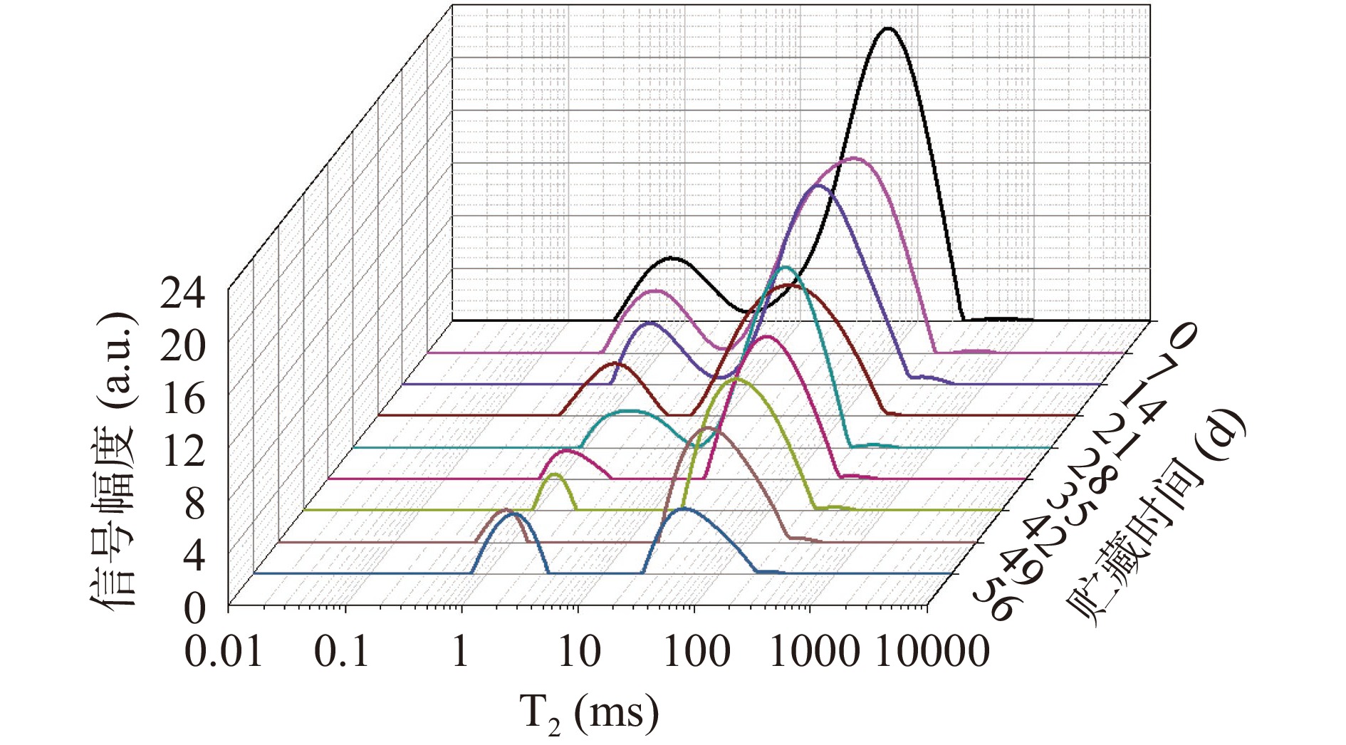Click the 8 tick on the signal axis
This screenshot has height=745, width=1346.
click(x=194, y=504)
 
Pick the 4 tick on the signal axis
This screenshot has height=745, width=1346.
click(x=194, y=556)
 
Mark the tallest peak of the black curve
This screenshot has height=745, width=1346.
click(x=887, y=28)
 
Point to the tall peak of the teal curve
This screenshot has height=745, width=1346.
click(x=785, y=268)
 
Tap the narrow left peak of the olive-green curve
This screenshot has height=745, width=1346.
click(x=555, y=474)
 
